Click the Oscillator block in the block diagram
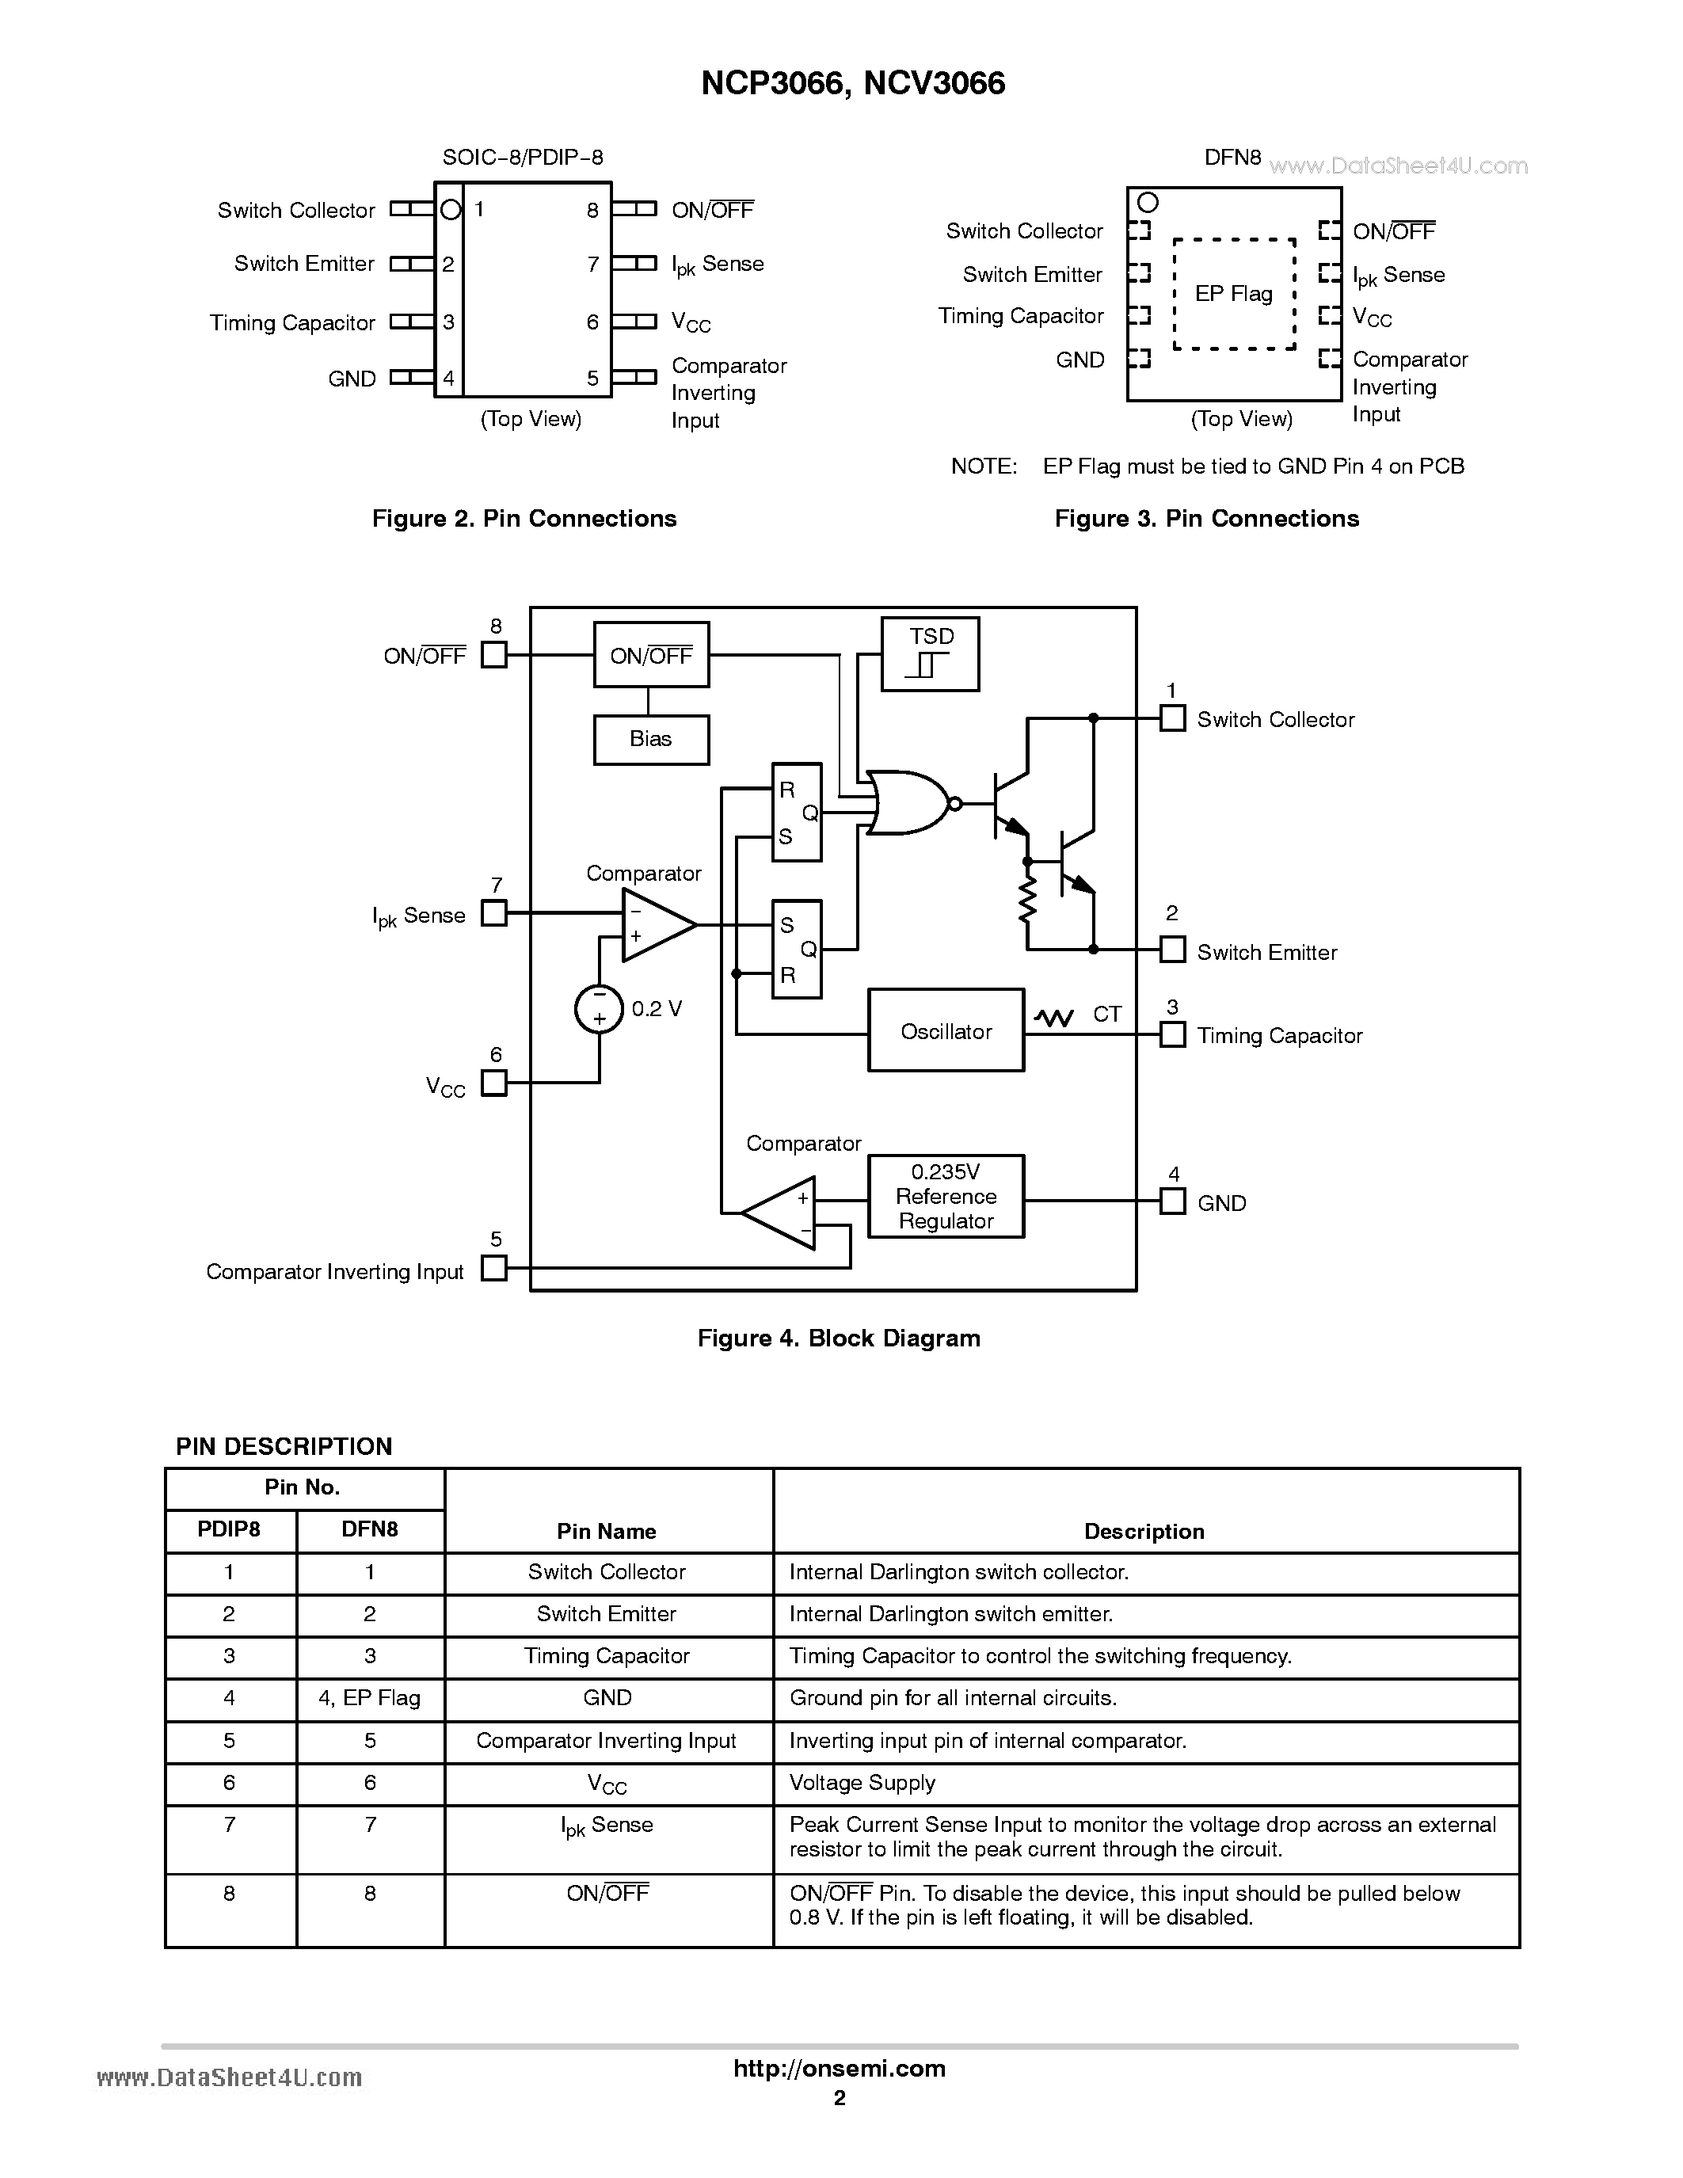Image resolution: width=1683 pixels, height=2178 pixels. (945, 1030)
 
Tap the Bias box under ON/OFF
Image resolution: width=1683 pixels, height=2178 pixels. (650, 739)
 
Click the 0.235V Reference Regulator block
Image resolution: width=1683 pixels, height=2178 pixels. (945, 1196)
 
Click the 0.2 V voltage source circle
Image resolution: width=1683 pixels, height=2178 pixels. (600, 1008)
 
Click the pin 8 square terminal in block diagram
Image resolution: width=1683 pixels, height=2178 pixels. (493, 654)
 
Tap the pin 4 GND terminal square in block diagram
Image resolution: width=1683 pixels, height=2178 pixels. (1172, 1201)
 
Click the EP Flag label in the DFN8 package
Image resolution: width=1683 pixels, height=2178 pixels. (1233, 293)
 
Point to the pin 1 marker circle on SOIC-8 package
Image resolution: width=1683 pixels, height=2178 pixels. (451, 209)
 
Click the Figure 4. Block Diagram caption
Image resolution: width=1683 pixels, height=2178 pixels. (839, 1338)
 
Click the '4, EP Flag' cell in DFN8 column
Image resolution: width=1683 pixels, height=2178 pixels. (370, 1697)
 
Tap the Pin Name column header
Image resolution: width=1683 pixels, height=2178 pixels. (606, 1531)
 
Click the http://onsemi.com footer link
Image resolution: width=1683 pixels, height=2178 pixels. (839, 2068)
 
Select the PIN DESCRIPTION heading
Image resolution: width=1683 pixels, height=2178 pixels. (284, 1446)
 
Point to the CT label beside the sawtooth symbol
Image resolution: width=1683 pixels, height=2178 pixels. (1106, 1015)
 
